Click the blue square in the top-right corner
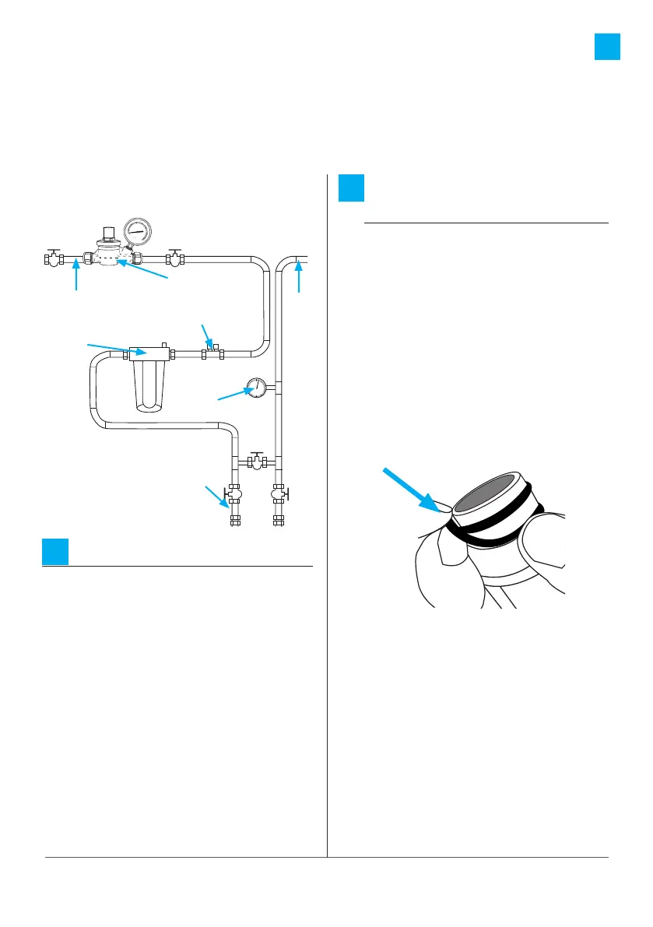pyautogui.click(x=607, y=46)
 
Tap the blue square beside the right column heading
pyautogui.click(x=353, y=190)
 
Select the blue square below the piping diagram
pyautogui.click(x=54, y=551)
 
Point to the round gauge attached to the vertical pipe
pyautogui.click(x=255, y=388)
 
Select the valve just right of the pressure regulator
pyautogui.click(x=176, y=260)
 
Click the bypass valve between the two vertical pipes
pyautogui.click(x=256, y=462)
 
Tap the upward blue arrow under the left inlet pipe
pyautogui.click(x=76, y=276)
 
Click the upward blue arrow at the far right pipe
pyautogui.click(x=299, y=276)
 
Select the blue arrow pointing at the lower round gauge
pyautogui.click(x=233, y=395)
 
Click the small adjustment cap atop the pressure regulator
pyautogui.click(x=110, y=233)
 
